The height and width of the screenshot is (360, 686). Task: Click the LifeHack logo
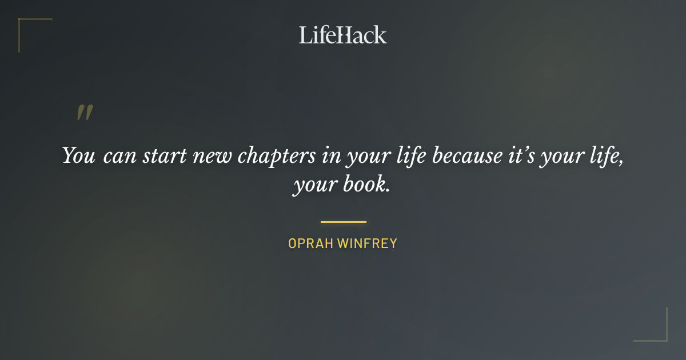coord(342,35)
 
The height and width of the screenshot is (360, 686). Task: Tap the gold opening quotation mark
coord(85,113)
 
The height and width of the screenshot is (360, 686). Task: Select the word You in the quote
coord(78,155)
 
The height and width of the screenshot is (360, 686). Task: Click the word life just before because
coord(411,155)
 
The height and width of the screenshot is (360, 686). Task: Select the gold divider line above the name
coord(343,222)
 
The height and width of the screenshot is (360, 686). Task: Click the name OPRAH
coord(310,243)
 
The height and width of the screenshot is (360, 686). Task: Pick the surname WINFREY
coord(367,243)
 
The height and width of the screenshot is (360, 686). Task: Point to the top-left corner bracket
coord(23,23)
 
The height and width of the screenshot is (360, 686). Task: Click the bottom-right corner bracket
coord(663,337)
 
